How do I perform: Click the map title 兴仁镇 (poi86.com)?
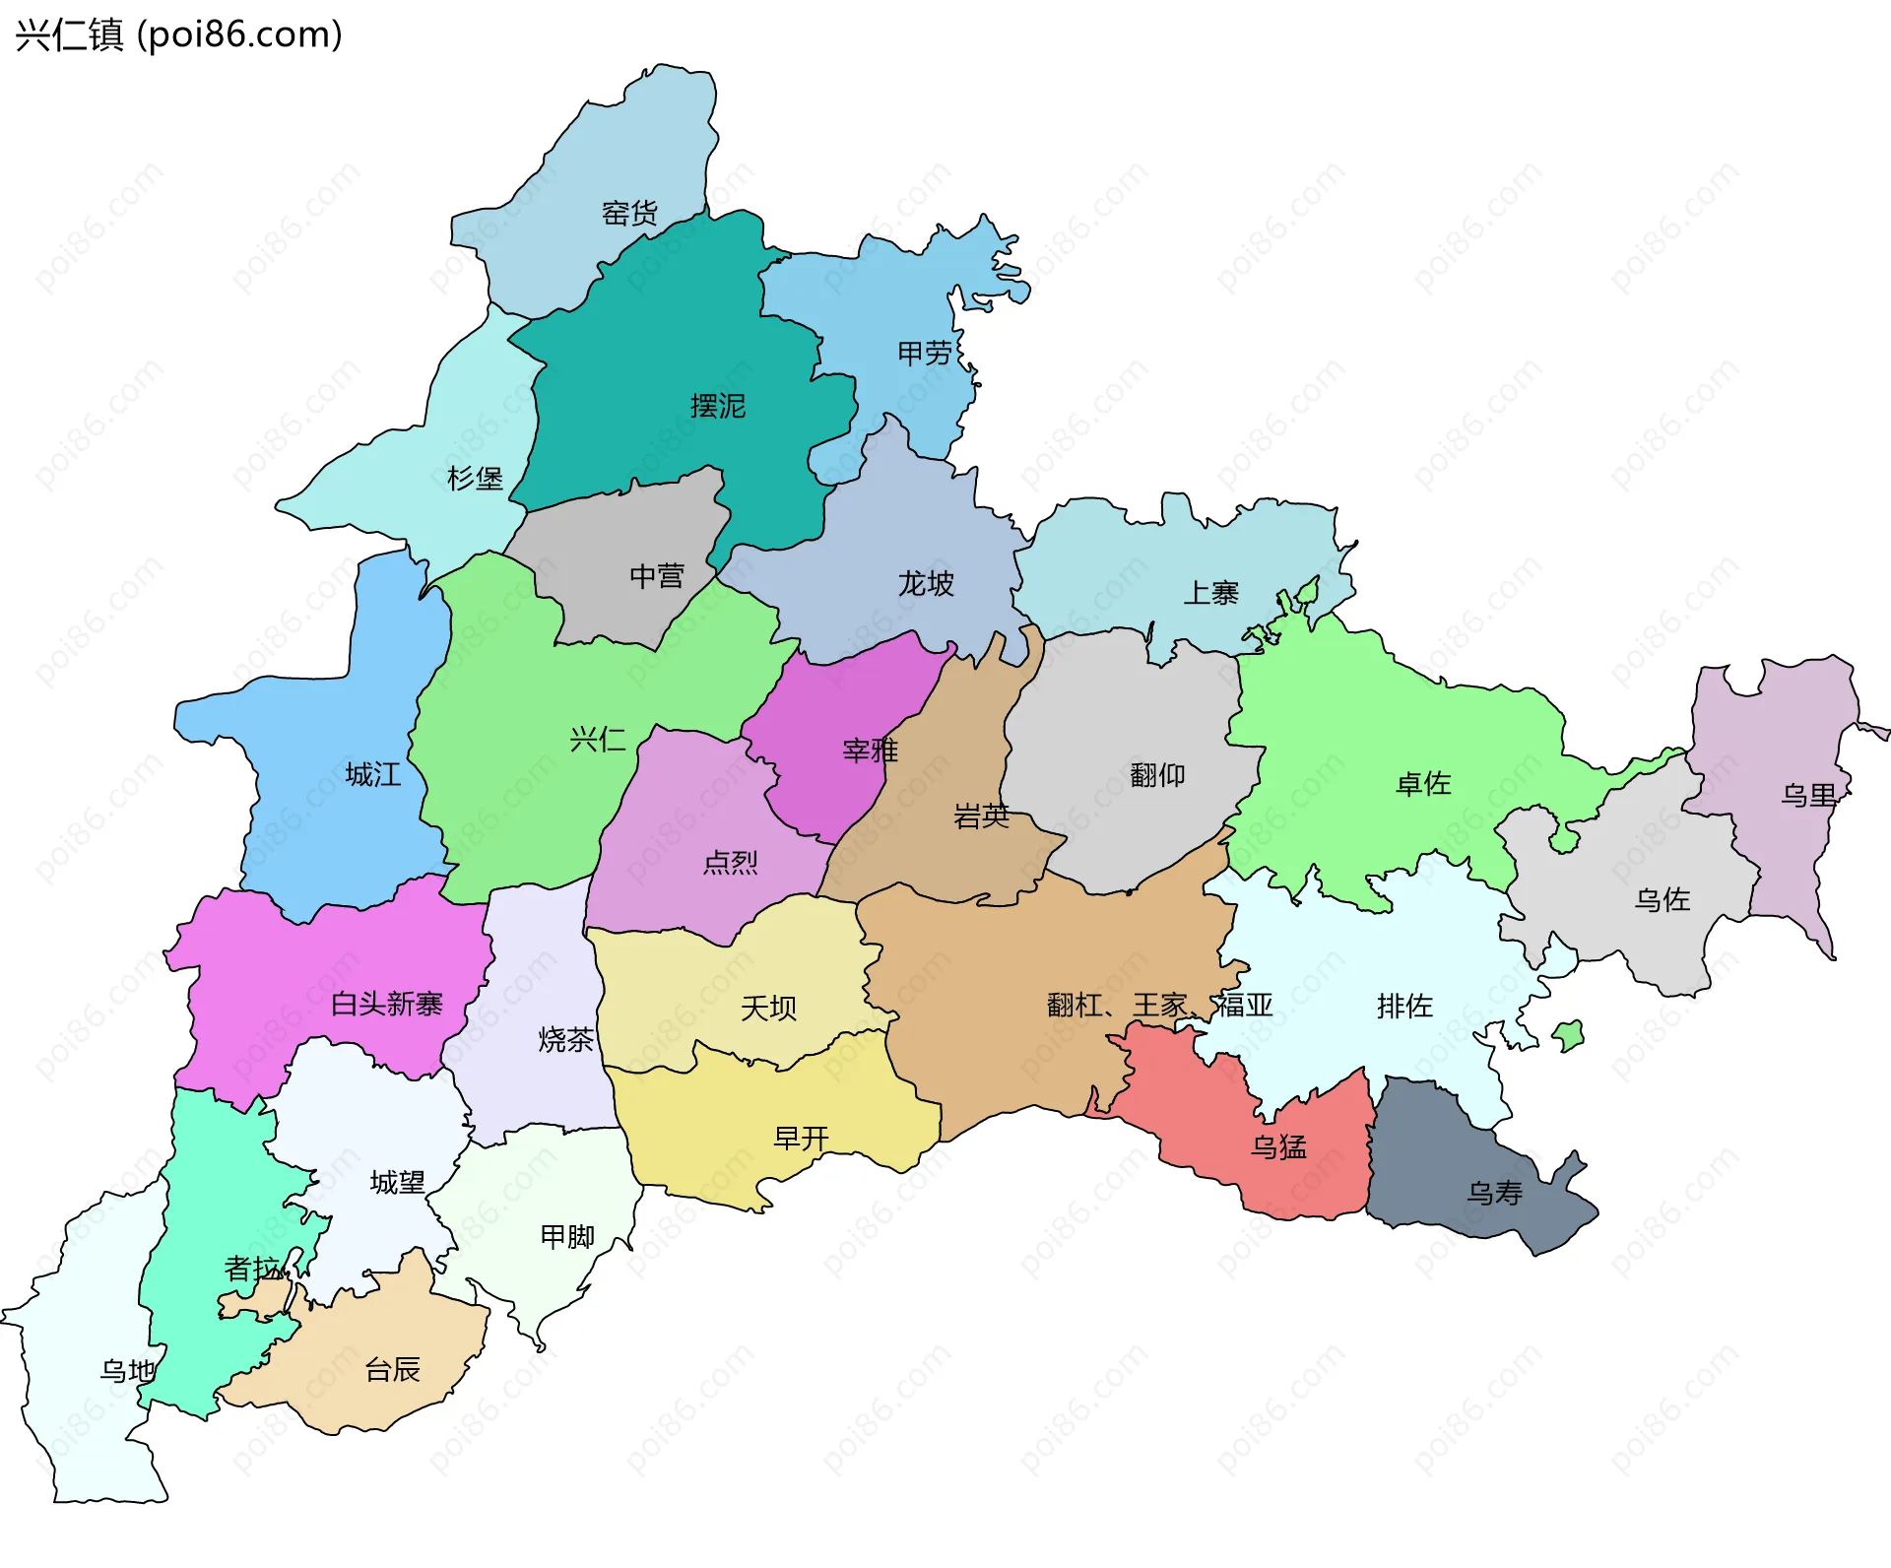point(178,35)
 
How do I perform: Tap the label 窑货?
point(629,213)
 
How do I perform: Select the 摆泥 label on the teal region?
point(717,406)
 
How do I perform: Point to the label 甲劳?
point(925,353)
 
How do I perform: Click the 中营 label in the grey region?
point(656,576)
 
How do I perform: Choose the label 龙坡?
point(925,584)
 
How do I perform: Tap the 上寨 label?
point(1210,593)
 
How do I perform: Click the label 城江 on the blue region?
point(373,775)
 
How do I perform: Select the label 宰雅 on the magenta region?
point(870,751)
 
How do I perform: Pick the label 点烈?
point(730,863)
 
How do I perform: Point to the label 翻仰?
point(1157,775)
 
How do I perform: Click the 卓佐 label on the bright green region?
point(1423,784)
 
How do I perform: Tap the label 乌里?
point(1808,795)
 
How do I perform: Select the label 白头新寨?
point(386,1004)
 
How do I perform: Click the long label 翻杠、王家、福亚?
point(1159,1006)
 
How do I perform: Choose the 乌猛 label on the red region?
point(1278,1146)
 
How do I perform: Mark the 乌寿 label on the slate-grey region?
point(1494,1194)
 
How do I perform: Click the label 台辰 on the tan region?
point(392,1369)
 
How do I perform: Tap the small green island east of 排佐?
point(1568,1035)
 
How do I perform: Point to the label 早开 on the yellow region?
point(801,1139)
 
